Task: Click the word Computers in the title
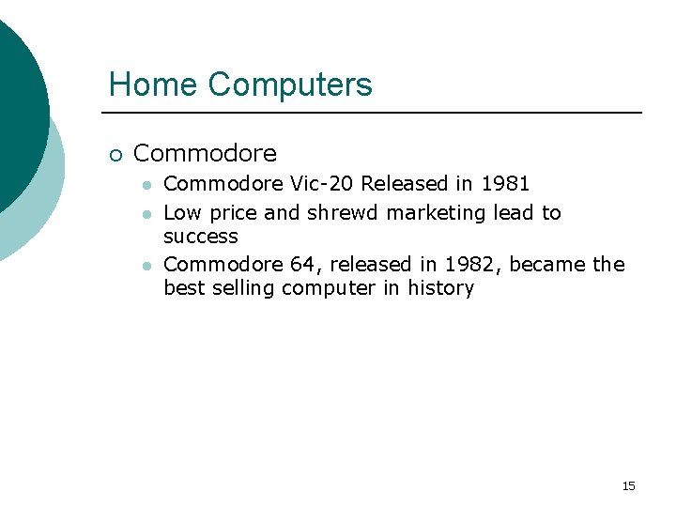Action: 290,84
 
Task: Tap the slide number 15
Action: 628,485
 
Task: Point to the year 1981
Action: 505,183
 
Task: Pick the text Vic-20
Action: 322,183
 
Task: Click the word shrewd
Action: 343,213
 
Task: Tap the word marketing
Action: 437,213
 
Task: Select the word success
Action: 201,237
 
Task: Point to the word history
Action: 440,288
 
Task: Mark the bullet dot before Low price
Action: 146,214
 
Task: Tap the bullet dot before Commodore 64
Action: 146,266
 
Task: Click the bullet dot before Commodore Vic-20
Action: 146,184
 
